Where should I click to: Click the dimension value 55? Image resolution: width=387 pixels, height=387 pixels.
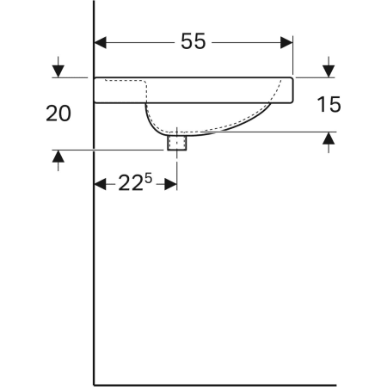tap(193, 41)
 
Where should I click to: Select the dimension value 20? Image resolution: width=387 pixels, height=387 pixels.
tap(58, 114)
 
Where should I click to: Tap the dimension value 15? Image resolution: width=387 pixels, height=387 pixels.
tap(329, 104)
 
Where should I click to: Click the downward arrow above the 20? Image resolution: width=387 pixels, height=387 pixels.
tap(58, 68)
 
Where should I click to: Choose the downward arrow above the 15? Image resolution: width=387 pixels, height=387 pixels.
tap(329, 68)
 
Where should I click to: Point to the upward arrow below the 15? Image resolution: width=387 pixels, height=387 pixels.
tap(329, 140)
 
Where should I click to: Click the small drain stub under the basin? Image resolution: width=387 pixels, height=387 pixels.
tap(177, 141)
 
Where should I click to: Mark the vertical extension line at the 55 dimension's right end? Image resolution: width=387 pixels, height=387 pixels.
tap(293, 56)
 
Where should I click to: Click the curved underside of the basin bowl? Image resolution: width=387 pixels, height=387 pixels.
tap(224, 130)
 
